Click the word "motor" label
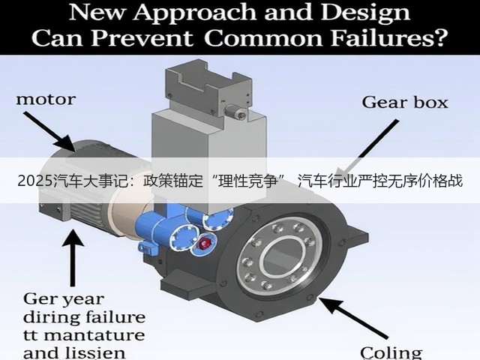[46, 100]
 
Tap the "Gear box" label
[405, 103]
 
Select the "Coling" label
[391, 353]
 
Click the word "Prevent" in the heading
[142, 38]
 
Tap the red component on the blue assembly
[205, 243]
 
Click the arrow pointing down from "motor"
[49, 132]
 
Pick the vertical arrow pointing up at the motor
[73, 258]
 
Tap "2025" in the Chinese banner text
[35, 181]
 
